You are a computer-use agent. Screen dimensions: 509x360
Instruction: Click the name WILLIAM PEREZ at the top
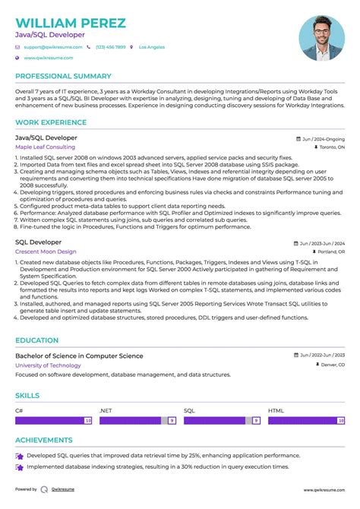point(70,23)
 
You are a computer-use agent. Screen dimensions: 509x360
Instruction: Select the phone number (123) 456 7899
point(110,47)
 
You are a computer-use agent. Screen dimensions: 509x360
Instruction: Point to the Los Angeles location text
point(150,47)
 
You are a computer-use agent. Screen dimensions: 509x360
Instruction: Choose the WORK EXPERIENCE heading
point(50,122)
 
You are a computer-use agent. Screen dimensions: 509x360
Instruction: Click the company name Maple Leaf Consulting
point(45,147)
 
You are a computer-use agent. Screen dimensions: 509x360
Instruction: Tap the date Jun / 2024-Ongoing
point(322,139)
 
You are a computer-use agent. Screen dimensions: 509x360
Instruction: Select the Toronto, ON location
point(329,147)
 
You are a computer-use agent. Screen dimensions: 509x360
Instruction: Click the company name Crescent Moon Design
point(46,251)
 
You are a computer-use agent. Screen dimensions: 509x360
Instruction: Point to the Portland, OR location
point(328,251)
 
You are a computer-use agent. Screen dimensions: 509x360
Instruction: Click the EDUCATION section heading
point(36,340)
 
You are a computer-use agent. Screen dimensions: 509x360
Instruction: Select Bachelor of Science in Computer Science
point(79,356)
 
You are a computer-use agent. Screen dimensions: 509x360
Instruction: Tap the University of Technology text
point(48,365)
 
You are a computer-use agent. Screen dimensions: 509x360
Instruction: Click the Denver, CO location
point(329,365)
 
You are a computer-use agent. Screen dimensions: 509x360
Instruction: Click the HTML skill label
point(275,410)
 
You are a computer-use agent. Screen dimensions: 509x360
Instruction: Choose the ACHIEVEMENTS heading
point(44,439)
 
